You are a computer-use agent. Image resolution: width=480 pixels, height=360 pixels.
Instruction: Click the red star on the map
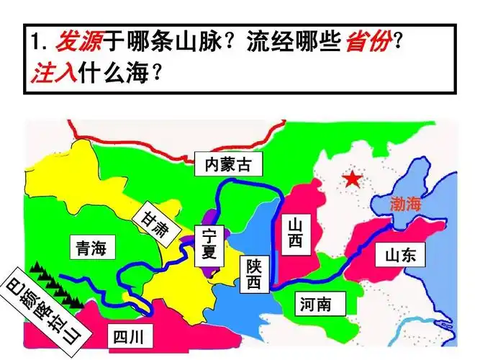[x=352, y=179]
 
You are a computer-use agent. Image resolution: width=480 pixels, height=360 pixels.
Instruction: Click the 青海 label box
[x=91, y=249]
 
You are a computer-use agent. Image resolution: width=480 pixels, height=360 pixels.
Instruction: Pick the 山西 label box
[x=295, y=233]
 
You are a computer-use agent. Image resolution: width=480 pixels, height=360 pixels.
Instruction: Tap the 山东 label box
[x=400, y=255]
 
